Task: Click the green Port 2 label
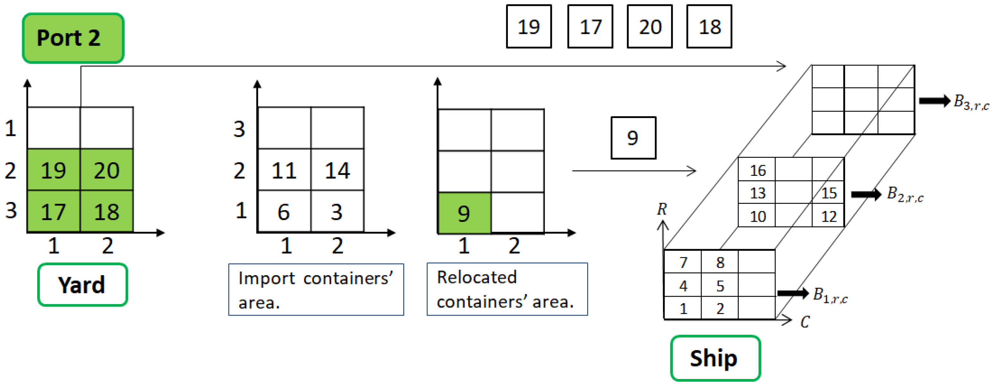[73, 38]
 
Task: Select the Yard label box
[82, 285]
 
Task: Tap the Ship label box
[715, 358]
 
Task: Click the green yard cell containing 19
[54, 170]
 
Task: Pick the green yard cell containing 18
[107, 211]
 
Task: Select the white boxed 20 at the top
[650, 27]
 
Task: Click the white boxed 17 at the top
[590, 27]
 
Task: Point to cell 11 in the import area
[284, 170]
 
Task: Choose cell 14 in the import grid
[337, 170]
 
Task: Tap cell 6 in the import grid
[284, 211]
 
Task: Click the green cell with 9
[464, 213]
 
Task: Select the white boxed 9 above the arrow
[633, 138]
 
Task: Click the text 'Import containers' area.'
[316, 290]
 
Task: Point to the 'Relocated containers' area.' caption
[507, 289]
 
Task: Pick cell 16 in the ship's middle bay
[757, 170]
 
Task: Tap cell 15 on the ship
[828, 193]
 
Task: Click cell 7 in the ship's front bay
[683, 262]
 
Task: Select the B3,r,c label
[971, 102]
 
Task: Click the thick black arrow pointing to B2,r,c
[866, 194]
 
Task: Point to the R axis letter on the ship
[662, 209]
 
